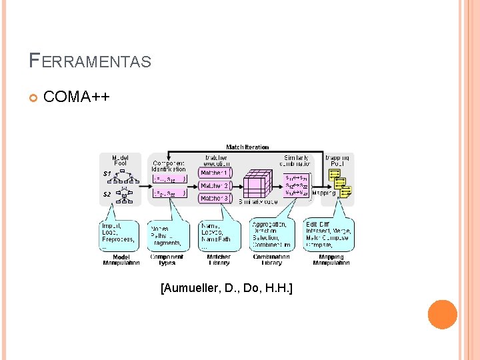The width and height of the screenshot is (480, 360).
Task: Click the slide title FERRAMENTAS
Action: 90,61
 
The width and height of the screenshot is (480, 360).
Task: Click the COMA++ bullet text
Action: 76,97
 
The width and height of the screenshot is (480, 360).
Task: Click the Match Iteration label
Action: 247,147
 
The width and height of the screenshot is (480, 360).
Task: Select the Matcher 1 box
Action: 215,173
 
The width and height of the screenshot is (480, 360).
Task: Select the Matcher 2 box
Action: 215,185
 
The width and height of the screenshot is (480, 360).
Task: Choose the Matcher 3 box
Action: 215,198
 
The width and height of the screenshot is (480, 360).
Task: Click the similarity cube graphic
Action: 258,184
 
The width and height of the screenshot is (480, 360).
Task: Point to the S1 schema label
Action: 107,174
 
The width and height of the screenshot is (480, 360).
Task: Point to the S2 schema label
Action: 107,194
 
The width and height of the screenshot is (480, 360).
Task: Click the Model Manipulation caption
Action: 121,260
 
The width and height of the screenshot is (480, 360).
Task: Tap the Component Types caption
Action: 167,260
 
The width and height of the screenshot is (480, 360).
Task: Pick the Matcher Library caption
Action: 219,260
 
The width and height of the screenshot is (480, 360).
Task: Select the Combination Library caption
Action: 271,260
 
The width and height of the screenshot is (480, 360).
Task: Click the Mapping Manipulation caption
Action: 331,260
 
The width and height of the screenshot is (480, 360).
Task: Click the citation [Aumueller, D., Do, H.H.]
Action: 227,288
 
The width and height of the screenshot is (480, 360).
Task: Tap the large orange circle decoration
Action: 442,315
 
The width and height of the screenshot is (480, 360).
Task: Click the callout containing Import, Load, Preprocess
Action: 120,235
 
